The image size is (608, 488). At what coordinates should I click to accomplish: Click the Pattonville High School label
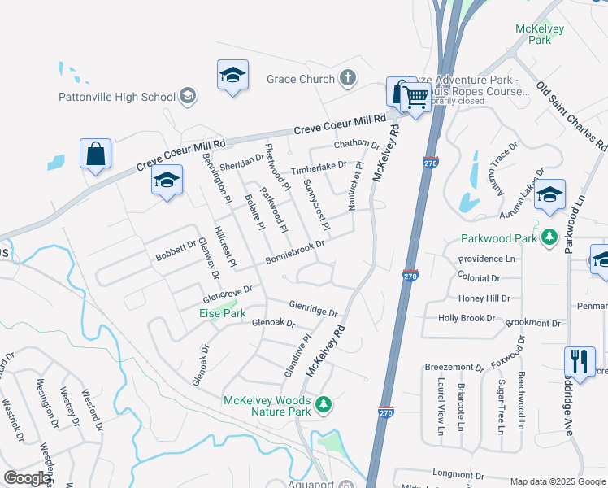[117, 97]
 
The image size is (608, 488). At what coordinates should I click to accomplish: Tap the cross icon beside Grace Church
[348, 79]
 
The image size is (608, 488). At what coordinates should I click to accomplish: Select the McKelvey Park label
[534, 33]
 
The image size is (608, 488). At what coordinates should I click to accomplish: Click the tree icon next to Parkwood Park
[549, 237]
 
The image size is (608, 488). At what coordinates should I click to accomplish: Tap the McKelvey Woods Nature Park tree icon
[324, 404]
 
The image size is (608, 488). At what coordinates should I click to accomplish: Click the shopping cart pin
[416, 98]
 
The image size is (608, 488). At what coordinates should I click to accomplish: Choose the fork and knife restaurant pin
[579, 360]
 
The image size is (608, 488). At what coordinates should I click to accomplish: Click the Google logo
[27, 478]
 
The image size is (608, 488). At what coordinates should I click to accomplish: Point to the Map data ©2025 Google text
[557, 481]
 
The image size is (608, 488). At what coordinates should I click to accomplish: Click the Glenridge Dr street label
[313, 307]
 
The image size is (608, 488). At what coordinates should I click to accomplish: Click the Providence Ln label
[487, 258]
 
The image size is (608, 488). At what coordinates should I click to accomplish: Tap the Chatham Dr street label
[357, 145]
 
